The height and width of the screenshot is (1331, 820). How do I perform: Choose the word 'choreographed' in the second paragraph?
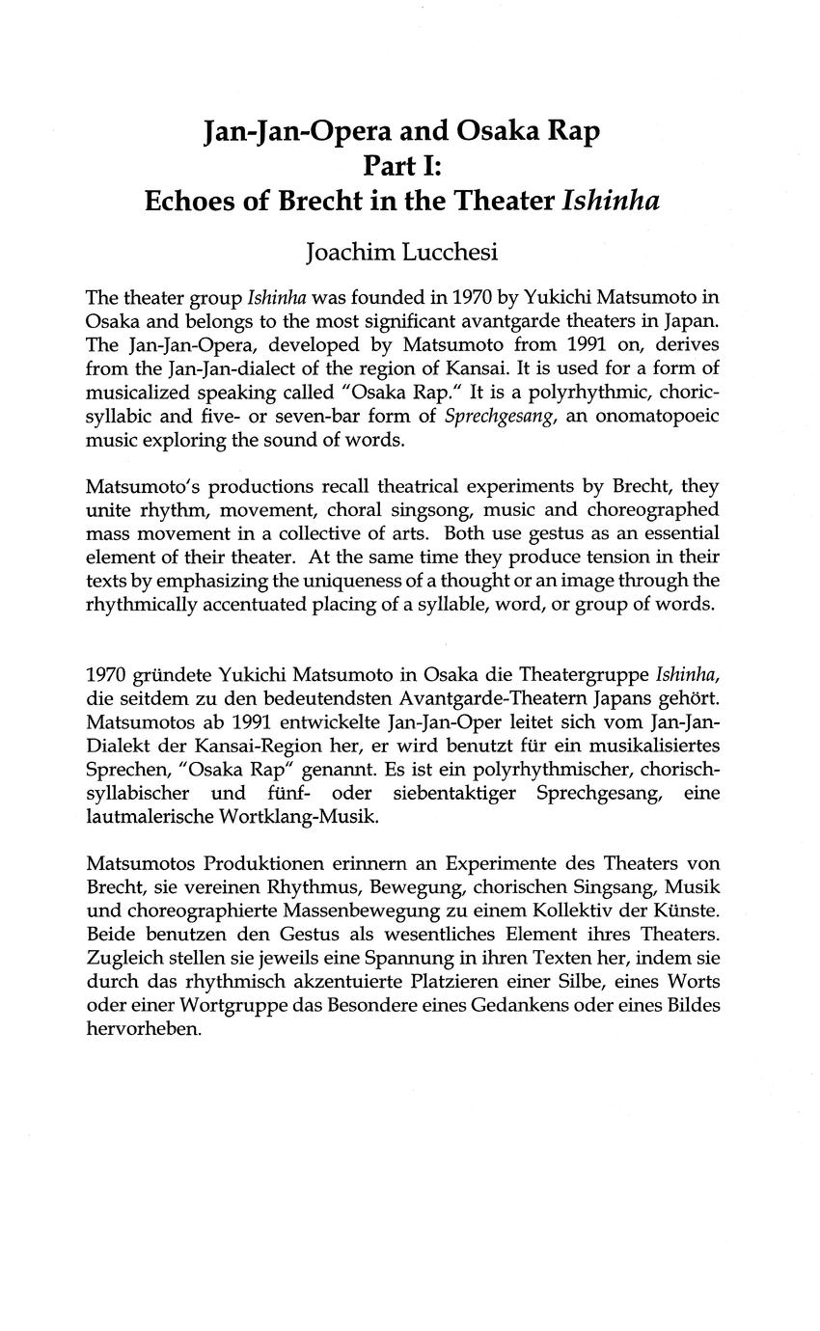click(657, 509)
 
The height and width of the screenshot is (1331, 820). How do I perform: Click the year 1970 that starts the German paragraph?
click(106, 673)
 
